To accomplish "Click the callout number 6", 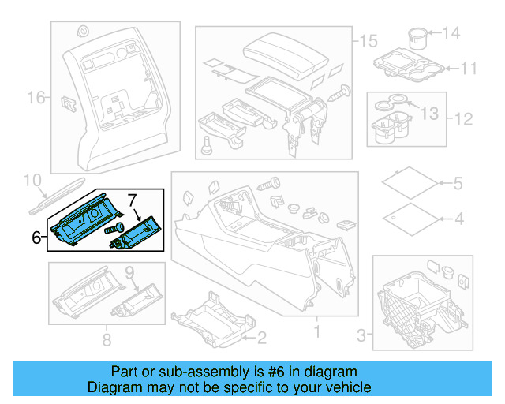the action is (x=36, y=238).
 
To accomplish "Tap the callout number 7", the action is (x=133, y=200).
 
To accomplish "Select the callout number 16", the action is (x=36, y=98).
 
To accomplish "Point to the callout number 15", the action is (x=368, y=41).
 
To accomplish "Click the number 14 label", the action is (x=451, y=33).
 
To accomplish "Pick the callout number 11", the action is (x=469, y=69).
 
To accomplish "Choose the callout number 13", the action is (x=429, y=114).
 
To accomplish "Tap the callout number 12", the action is (x=463, y=119).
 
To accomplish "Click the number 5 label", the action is (x=458, y=183).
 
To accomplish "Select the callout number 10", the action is (x=32, y=181).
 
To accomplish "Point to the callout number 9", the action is (x=129, y=273).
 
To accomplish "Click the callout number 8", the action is (x=107, y=339).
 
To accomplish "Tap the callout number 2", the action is (x=261, y=338).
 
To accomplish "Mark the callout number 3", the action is (x=361, y=335).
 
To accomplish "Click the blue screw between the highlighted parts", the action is (x=114, y=229).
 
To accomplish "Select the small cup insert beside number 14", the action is (x=417, y=39).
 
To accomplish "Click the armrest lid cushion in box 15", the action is (x=286, y=55).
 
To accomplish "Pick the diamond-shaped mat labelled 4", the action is (x=411, y=219).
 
